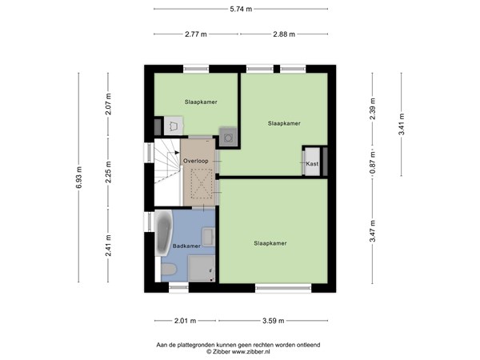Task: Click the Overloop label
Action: pyautogui.click(x=197, y=162)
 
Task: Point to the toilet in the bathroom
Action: pyautogui.click(x=168, y=270)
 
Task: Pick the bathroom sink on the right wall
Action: pyautogui.click(x=208, y=236)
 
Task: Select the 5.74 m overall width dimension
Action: pyautogui.click(x=240, y=10)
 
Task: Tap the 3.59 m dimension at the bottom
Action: pyautogui.click(x=274, y=321)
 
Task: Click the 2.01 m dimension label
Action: pyautogui.click(x=184, y=321)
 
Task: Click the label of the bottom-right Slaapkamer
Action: pyautogui.click(x=270, y=242)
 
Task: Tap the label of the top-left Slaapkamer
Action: pyautogui.click(x=201, y=102)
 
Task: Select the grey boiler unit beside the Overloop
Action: pyautogui.click(x=228, y=138)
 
